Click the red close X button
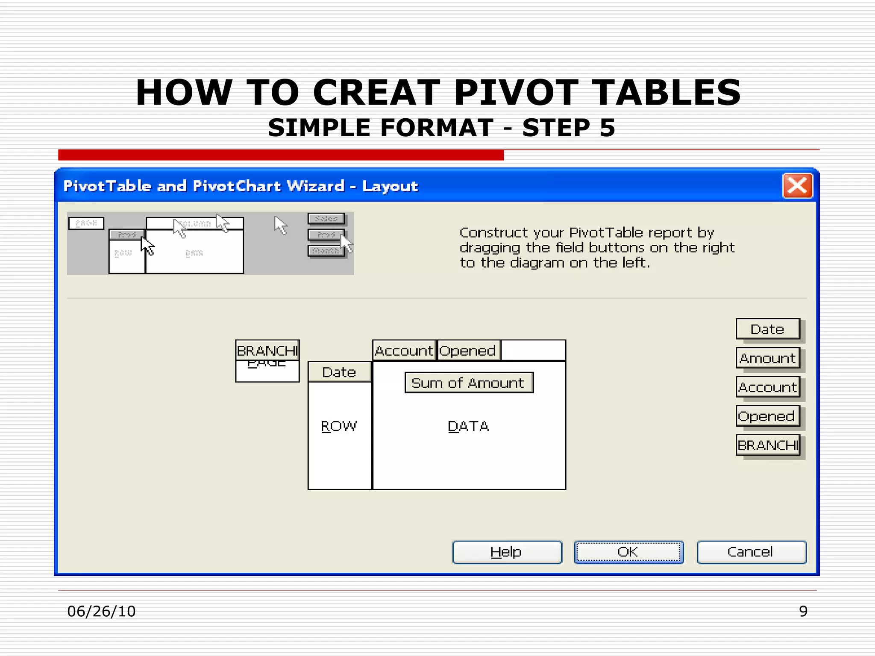click(797, 186)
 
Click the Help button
click(507, 552)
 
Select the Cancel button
click(752, 552)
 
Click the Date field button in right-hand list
click(768, 329)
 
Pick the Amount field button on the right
click(768, 358)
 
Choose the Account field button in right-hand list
click(768, 387)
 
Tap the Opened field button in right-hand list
click(768, 416)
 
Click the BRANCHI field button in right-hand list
click(768, 445)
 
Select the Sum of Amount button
click(469, 383)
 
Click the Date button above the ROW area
click(339, 372)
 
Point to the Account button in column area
click(404, 351)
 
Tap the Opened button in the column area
click(468, 351)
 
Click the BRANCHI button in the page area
click(267, 351)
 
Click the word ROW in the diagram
click(339, 426)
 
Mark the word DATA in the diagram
click(468, 426)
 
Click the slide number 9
click(803, 611)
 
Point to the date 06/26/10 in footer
click(101, 611)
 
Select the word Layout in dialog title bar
click(390, 186)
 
